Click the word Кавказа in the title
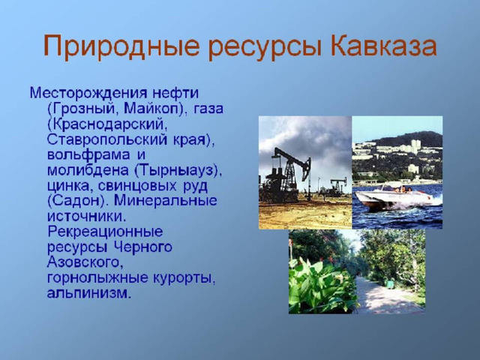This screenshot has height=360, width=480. (383, 46)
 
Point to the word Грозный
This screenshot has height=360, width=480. (81, 109)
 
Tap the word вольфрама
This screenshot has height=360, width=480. (88, 155)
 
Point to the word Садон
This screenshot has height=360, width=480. (79, 201)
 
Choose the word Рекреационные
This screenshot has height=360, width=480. (105, 232)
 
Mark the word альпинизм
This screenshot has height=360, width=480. (87, 293)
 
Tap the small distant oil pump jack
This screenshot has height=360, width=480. (338, 186)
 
